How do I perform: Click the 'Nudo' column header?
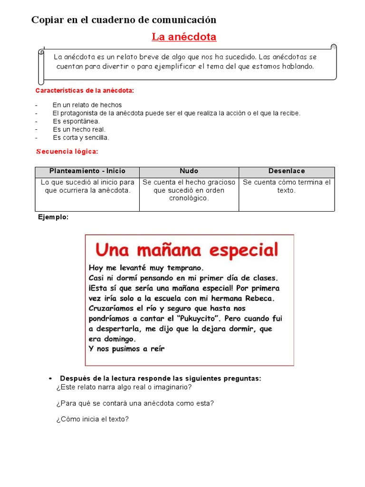pos(189,171)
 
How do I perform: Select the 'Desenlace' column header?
pos(287,171)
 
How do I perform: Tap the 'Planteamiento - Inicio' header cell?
pos(87,171)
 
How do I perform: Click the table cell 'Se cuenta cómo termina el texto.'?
pos(287,186)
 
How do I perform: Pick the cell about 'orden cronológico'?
pos(189,190)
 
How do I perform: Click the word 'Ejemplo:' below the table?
pos(53,217)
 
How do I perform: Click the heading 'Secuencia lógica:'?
pos(67,152)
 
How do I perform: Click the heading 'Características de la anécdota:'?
pos(85,90)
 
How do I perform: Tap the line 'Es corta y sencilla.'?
pos(81,137)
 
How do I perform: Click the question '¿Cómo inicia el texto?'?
pos(92,419)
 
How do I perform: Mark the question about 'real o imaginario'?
pos(124,387)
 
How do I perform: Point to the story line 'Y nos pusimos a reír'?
pos(126,349)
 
